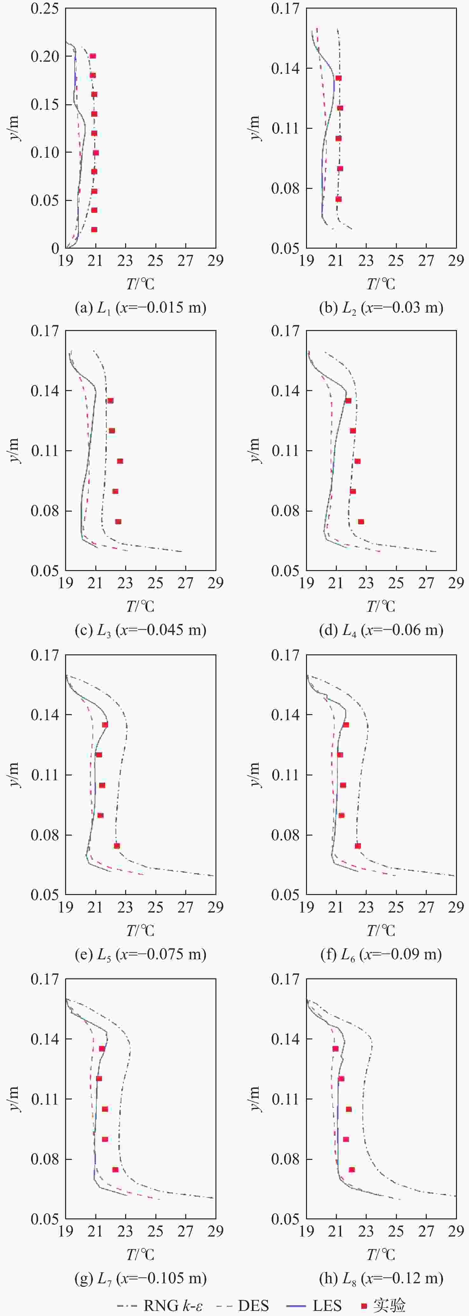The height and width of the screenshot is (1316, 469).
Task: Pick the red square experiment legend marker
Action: (364, 1305)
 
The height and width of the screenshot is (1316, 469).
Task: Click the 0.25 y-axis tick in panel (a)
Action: (44, 9)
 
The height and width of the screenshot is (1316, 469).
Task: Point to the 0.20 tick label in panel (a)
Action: (44, 56)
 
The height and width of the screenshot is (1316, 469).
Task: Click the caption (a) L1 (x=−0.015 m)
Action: (140, 307)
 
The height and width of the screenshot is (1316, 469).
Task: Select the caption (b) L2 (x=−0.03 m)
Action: (381, 307)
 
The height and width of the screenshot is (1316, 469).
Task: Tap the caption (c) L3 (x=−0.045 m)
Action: (140, 630)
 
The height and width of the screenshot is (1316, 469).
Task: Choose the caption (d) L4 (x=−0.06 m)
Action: (381, 630)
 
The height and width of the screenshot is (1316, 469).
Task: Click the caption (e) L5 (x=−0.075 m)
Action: (140, 954)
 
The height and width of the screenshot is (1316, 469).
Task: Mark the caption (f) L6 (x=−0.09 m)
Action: (381, 954)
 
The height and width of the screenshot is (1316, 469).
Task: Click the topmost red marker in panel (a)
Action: (93, 56)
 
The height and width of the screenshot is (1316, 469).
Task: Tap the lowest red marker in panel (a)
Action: (94, 229)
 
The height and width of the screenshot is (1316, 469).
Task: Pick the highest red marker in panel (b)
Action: (338, 78)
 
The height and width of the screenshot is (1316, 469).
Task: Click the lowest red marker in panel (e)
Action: (117, 845)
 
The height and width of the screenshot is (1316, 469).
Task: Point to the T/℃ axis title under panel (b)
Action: (381, 284)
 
